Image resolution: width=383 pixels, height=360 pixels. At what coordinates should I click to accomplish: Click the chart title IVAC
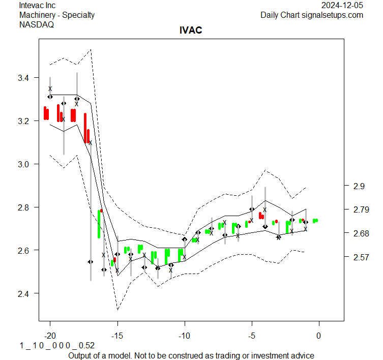pyautogui.click(x=191, y=31)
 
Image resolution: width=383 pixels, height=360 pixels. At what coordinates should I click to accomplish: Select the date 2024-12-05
pyautogui.click(x=342, y=5)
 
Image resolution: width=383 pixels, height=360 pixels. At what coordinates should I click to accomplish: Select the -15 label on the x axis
pyautogui.click(x=117, y=335)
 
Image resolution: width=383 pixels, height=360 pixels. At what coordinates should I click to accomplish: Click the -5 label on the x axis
pyautogui.click(x=252, y=335)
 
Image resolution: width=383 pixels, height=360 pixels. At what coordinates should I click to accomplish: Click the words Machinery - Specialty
pyautogui.click(x=57, y=15)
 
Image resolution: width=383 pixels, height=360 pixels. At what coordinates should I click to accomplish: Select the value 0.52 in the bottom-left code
pyautogui.click(x=87, y=345)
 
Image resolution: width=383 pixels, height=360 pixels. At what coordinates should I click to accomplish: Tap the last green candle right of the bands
pyautogui.click(x=315, y=221)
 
